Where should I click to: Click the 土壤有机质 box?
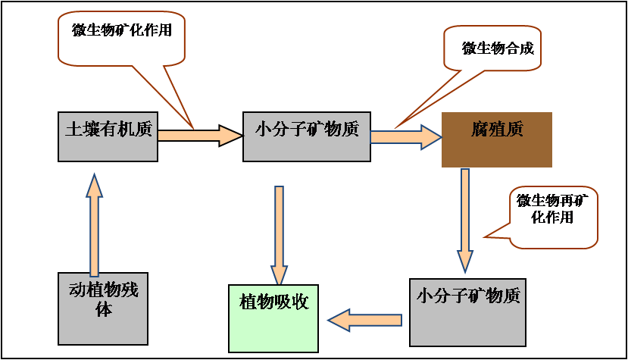coord(108,136)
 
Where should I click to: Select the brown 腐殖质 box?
coord(496,139)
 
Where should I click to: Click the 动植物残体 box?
coord(104,309)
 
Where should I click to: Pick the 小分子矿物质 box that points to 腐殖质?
coord(306,136)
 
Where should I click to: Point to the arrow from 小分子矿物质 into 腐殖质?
coord(405,136)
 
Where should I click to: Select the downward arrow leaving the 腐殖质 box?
coord(464,220)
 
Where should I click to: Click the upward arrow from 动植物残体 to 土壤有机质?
coord(94,224)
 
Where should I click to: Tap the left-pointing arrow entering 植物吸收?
coord(364,320)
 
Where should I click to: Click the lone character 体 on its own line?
coord(104,310)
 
